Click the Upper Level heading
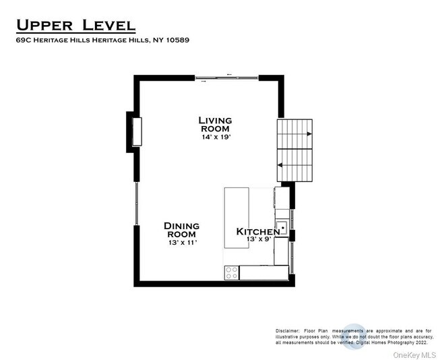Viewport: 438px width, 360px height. pos(76,25)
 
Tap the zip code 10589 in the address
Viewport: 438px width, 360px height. pos(178,40)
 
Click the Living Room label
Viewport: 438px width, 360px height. pos(215,124)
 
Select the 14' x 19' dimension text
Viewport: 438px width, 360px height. pos(216,138)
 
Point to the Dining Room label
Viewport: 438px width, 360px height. pos(181,230)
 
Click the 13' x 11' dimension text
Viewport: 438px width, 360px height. pos(183,243)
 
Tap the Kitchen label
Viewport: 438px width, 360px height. pos(258,232)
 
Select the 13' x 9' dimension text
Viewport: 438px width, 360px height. pos(259,239)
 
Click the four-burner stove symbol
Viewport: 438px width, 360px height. pos(232,273)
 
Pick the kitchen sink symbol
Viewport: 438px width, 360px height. pos(282,228)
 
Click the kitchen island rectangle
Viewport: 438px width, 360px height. pos(237,218)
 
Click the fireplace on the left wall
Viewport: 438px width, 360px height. pos(137,131)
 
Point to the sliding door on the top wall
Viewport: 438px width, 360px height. pos(226,78)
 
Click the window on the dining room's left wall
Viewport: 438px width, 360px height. pos(137,204)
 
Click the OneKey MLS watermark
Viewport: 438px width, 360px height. pos(414,355)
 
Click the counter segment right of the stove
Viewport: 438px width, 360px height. pos(264,272)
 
